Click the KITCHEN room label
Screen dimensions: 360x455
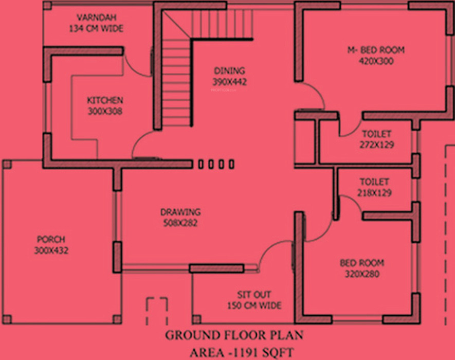click(x=104, y=100)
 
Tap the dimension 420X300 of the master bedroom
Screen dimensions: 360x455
click(x=375, y=61)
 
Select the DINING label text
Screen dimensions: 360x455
click(x=229, y=71)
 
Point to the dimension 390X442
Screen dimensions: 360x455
click(x=229, y=82)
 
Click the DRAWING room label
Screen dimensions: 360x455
click(x=180, y=212)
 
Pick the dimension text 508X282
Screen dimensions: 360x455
click(x=180, y=223)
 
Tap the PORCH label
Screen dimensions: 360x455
click(x=51, y=240)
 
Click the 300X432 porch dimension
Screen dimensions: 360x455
click(x=51, y=250)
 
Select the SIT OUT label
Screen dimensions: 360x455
click(x=254, y=295)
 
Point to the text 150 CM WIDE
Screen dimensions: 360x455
click(x=254, y=305)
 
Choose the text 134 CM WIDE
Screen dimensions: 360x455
click(x=96, y=28)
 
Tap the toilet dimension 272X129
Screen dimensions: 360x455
click(x=376, y=145)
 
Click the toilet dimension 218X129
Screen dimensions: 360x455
click(x=374, y=193)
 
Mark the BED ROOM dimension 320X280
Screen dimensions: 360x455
click(x=361, y=274)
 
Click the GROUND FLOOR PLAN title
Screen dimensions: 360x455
click(x=234, y=335)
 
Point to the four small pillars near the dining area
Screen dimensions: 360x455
click(x=216, y=164)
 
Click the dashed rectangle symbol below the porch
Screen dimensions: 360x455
click(x=156, y=311)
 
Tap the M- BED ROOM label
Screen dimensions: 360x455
click(x=375, y=50)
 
